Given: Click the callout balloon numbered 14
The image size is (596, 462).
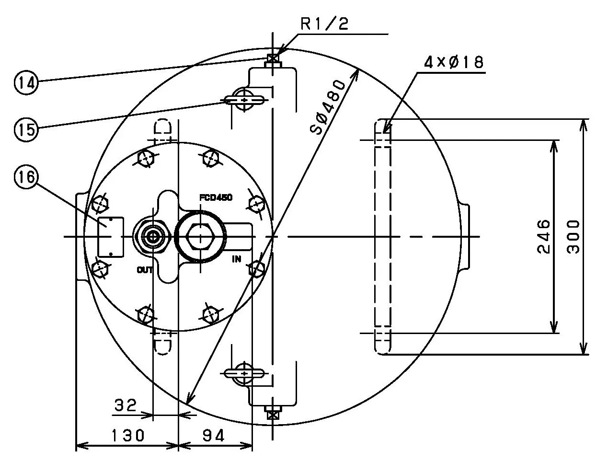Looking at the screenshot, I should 25,82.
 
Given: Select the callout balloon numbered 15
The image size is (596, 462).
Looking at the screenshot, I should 25,129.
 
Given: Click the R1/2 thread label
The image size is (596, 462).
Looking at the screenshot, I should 324,24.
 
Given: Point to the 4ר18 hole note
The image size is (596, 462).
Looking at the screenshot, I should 453,62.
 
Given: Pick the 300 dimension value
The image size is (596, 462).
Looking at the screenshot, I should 573,236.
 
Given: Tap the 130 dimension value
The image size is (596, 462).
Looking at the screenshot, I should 128,436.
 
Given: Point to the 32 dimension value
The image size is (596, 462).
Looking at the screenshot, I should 126,406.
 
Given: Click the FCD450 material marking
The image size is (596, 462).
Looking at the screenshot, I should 216,197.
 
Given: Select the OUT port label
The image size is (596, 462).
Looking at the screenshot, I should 145,270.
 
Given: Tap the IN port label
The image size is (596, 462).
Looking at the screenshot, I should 237,259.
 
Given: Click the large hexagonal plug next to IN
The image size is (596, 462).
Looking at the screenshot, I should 200,237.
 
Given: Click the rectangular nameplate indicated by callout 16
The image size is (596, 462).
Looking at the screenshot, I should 111,236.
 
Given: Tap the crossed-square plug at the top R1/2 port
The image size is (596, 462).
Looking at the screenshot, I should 273,59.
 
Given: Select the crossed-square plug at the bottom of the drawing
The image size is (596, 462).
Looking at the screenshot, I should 273,414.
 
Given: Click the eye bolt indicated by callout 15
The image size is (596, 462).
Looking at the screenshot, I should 245,100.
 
